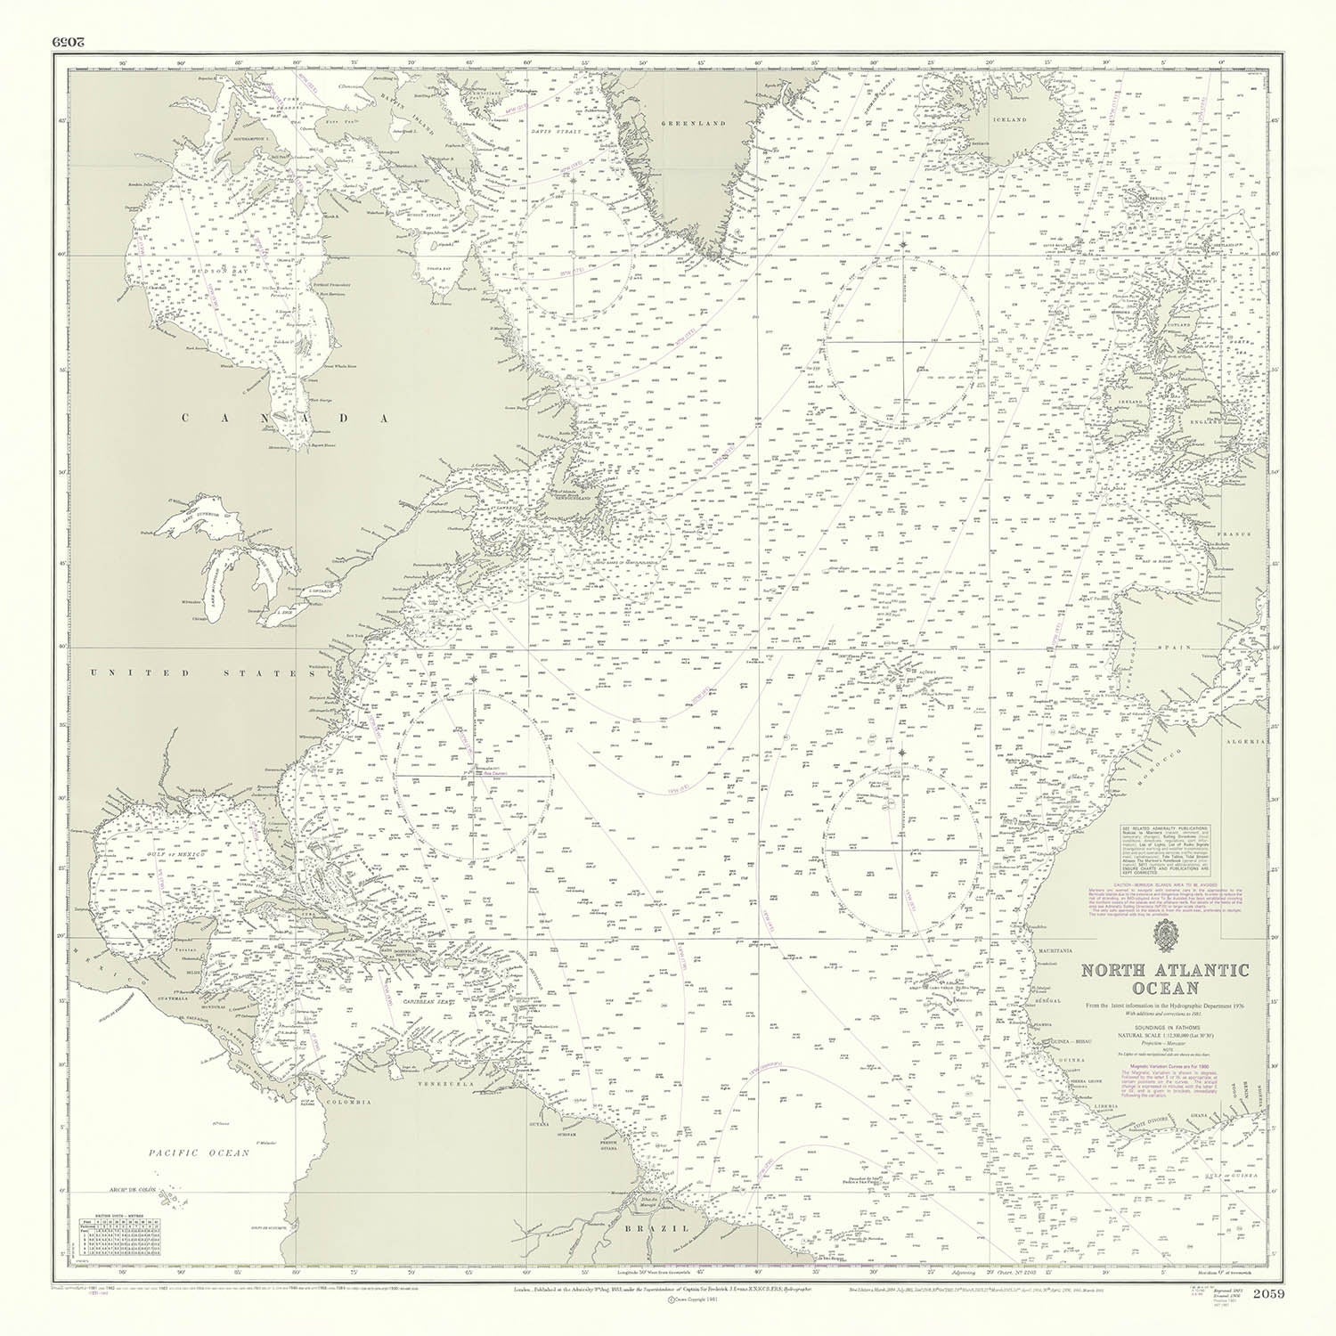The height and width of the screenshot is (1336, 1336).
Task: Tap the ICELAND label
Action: pos(1010,118)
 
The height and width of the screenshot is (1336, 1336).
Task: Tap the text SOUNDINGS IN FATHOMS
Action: pos(1165,1027)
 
